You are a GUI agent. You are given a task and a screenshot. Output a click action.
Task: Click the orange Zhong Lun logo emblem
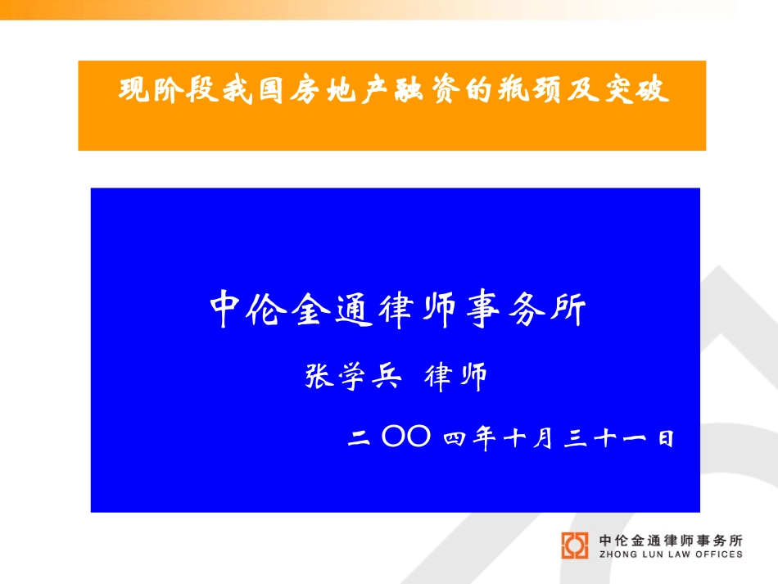click(575, 546)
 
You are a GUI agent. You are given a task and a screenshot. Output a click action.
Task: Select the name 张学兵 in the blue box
click(353, 376)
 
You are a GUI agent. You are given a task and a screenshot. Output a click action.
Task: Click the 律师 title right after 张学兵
click(455, 377)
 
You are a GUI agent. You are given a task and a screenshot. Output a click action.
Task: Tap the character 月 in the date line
click(543, 438)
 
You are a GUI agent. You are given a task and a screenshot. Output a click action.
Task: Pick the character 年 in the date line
click(484, 438)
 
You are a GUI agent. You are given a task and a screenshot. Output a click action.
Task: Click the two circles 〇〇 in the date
click(406, 436)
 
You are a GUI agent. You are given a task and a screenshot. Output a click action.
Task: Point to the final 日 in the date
click(666, 439)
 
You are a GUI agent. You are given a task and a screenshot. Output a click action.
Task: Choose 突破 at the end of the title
click(636, 90)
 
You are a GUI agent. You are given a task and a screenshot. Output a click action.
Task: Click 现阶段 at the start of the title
click(168, 90)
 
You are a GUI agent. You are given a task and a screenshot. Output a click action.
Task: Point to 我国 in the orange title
click(253, 90)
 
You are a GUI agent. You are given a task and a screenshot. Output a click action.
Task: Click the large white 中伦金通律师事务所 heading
click(398, 309)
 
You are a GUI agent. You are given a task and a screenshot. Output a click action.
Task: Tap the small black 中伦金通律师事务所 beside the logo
click(671, 541)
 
